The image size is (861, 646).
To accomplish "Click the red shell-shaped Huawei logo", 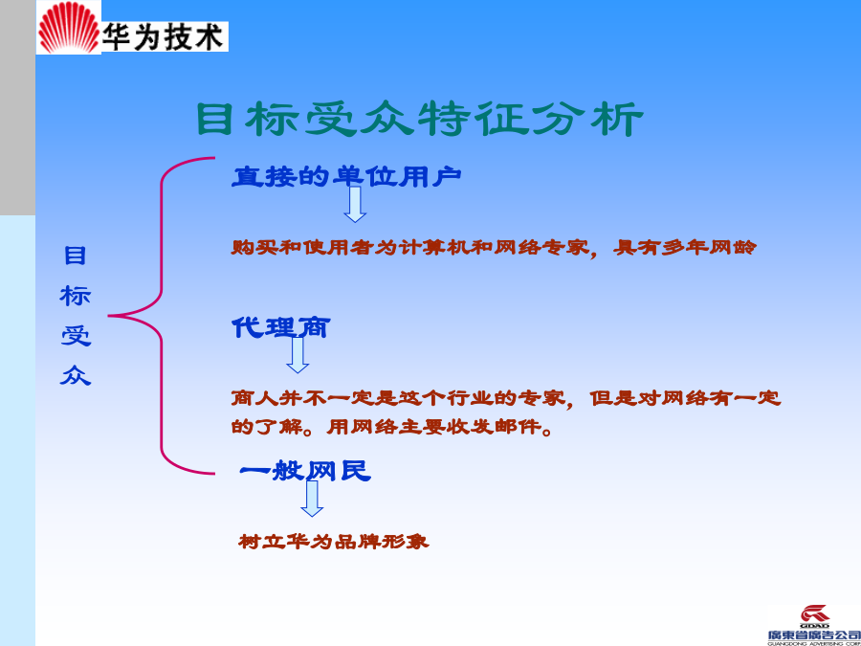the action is pos(69,28).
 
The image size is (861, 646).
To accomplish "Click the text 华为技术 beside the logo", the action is pos(164,36).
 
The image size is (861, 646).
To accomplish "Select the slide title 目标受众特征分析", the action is pos(420,119).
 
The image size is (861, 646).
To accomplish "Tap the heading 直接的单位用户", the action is pos(346,176).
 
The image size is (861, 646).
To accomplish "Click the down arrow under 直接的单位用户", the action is pos(355,205).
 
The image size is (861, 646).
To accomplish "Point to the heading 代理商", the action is pos(280,327).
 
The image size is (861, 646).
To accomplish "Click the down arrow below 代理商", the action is pos(298,355).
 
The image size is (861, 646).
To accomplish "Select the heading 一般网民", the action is pos(305,471).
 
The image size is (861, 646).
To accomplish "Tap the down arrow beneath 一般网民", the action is pos(312,499).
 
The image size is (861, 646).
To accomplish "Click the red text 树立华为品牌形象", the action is pos(334,542).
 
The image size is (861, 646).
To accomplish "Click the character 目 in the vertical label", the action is pos(76,256).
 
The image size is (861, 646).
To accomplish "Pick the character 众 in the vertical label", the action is pos(76,376).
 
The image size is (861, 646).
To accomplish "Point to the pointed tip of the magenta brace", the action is pos(109,316).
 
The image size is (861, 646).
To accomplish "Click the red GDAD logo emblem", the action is pos(815,613).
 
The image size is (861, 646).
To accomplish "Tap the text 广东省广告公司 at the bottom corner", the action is pos(814,635).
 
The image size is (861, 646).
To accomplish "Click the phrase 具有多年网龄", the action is pos(685,247).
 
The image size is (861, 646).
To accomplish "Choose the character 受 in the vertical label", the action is pos(76,336).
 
